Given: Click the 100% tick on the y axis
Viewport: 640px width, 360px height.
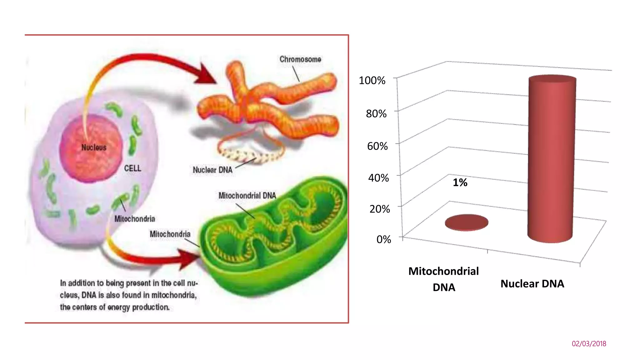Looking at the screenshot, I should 372,80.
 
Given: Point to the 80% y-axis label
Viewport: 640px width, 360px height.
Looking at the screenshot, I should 376,113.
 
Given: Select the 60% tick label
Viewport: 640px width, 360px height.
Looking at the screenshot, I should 377,146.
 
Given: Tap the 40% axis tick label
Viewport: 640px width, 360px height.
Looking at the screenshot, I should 378,178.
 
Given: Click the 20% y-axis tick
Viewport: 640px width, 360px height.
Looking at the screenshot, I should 380,209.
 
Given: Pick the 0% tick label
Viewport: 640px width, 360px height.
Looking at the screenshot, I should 383,239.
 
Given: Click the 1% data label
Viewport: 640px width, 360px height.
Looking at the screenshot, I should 460,182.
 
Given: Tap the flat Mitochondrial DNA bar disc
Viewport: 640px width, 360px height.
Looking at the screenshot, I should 467,222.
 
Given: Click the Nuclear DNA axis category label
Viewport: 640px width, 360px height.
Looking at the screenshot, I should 532,284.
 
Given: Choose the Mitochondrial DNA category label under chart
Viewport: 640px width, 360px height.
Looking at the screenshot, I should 443,279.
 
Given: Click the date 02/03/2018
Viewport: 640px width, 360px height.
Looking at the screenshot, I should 589,344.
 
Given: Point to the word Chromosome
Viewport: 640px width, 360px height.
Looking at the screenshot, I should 300,59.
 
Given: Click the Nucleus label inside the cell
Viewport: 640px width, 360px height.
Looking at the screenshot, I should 94,147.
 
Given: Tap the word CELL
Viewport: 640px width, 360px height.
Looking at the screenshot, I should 132,168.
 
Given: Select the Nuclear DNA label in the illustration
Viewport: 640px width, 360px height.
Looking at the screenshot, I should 212,170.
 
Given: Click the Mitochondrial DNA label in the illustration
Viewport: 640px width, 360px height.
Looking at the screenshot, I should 247,196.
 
